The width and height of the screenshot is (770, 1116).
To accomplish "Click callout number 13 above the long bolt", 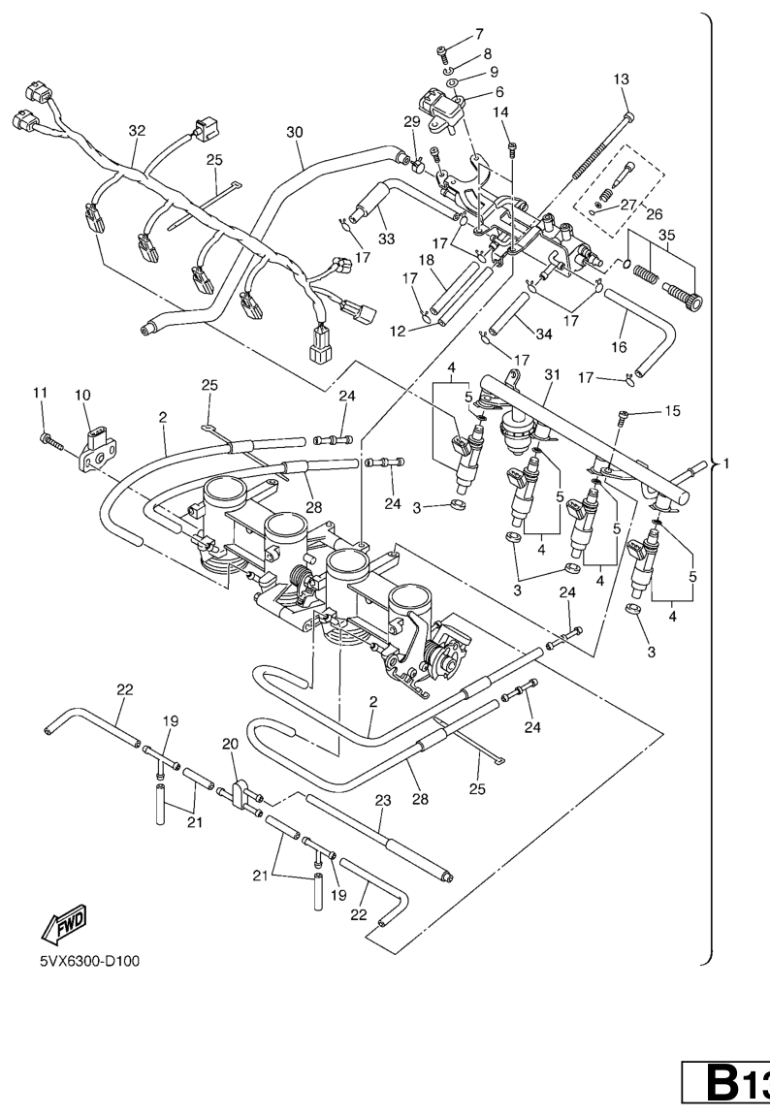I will coord(622,79).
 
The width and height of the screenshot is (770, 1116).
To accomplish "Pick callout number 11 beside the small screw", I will coord(40,392).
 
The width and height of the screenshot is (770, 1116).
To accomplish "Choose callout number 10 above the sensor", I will coord(81,396).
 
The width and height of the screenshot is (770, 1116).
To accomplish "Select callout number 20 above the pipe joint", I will coord(230,743).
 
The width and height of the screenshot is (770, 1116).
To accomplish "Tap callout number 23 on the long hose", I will coord(382,800).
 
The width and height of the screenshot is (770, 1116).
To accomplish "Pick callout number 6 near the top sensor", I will coord(499,92).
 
